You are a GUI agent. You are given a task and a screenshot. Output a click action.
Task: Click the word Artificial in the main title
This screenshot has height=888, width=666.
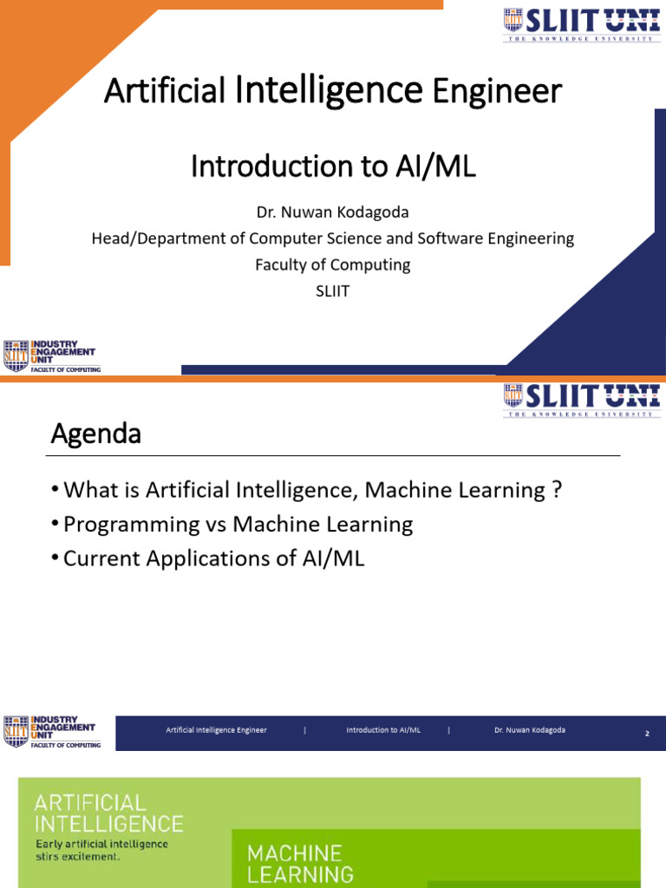pyautogui.click(x=166, y=91)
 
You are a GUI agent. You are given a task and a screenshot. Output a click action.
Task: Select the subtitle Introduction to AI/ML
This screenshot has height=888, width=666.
pyautogui.click(x=333, y=166)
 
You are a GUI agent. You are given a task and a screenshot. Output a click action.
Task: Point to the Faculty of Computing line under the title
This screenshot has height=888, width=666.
pyautogui.click(x=333, y=264)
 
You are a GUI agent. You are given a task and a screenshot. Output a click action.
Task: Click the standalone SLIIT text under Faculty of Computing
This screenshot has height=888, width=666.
pyautogui.click(x=333, y=291)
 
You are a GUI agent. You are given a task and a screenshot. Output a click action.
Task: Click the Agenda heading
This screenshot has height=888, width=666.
pyautogui.click(x=95, y=434)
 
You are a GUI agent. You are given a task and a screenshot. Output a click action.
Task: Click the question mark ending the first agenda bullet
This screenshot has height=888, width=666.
pyautogui.click(x=556, y=491)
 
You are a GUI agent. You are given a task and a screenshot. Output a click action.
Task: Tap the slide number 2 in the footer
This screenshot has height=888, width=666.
pyautogui.click(x=646, y=734)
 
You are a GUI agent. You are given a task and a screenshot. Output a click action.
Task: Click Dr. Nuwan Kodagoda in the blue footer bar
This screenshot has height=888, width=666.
pyautogui.click(x=529, y=730)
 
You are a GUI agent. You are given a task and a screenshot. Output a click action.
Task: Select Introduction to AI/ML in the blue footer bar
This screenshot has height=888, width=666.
pyautogui.click(x=383, y=730)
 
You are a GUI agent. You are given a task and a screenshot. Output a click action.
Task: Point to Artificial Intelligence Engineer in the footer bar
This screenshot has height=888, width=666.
pyautogui.click(x=217, y=730)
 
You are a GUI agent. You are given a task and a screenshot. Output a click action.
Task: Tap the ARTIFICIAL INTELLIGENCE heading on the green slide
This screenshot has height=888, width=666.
pyautogui.click(x=108, y=813)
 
